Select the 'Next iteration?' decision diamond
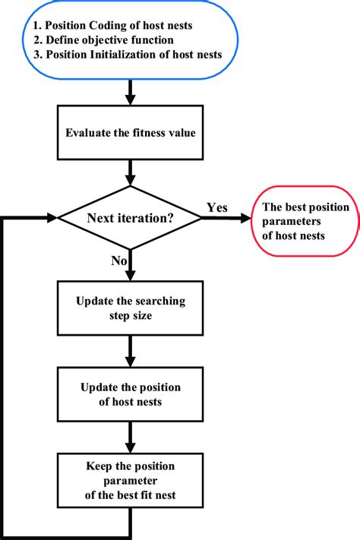coord(131,218)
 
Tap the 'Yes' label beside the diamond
coord(216,207)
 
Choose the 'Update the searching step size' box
coord(131,308)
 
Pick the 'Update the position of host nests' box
coord(131,394)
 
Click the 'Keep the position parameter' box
coord(131,480)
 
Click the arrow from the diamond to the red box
coord(227,219)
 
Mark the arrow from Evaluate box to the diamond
coord(131,173)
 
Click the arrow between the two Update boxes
coord(131,351)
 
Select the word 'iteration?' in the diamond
coord(149,218)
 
